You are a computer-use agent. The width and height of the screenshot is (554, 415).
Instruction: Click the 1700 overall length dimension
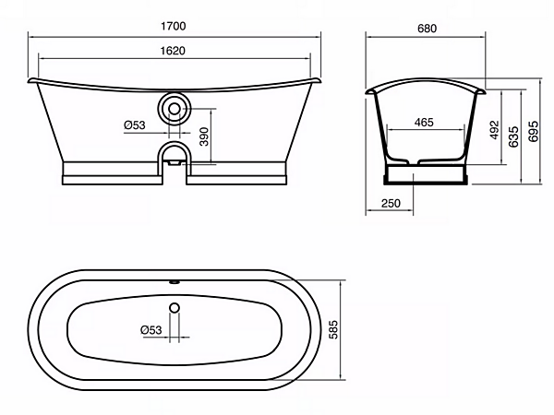click(x=174, y=26)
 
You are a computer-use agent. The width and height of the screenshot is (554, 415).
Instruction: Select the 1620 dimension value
click(x=173, y=51)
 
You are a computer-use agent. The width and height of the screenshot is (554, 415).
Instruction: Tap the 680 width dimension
click(x=427, y=29)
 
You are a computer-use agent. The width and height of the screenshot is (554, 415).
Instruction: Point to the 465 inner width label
click(x=424, y=123)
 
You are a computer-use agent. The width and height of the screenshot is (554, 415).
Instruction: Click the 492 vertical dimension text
click(x=495, y=130)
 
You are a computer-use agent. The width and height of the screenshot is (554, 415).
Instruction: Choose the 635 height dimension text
click(x=513, y=136)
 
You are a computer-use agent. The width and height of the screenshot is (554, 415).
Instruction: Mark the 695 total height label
click(x=534, y=131)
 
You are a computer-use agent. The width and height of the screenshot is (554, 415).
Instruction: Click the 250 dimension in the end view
click(x=391, y=204)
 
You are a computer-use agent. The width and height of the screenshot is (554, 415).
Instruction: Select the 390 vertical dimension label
click(x=204, y=136)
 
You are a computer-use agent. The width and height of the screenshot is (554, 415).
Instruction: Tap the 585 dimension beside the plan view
click(x=333, y=329)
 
